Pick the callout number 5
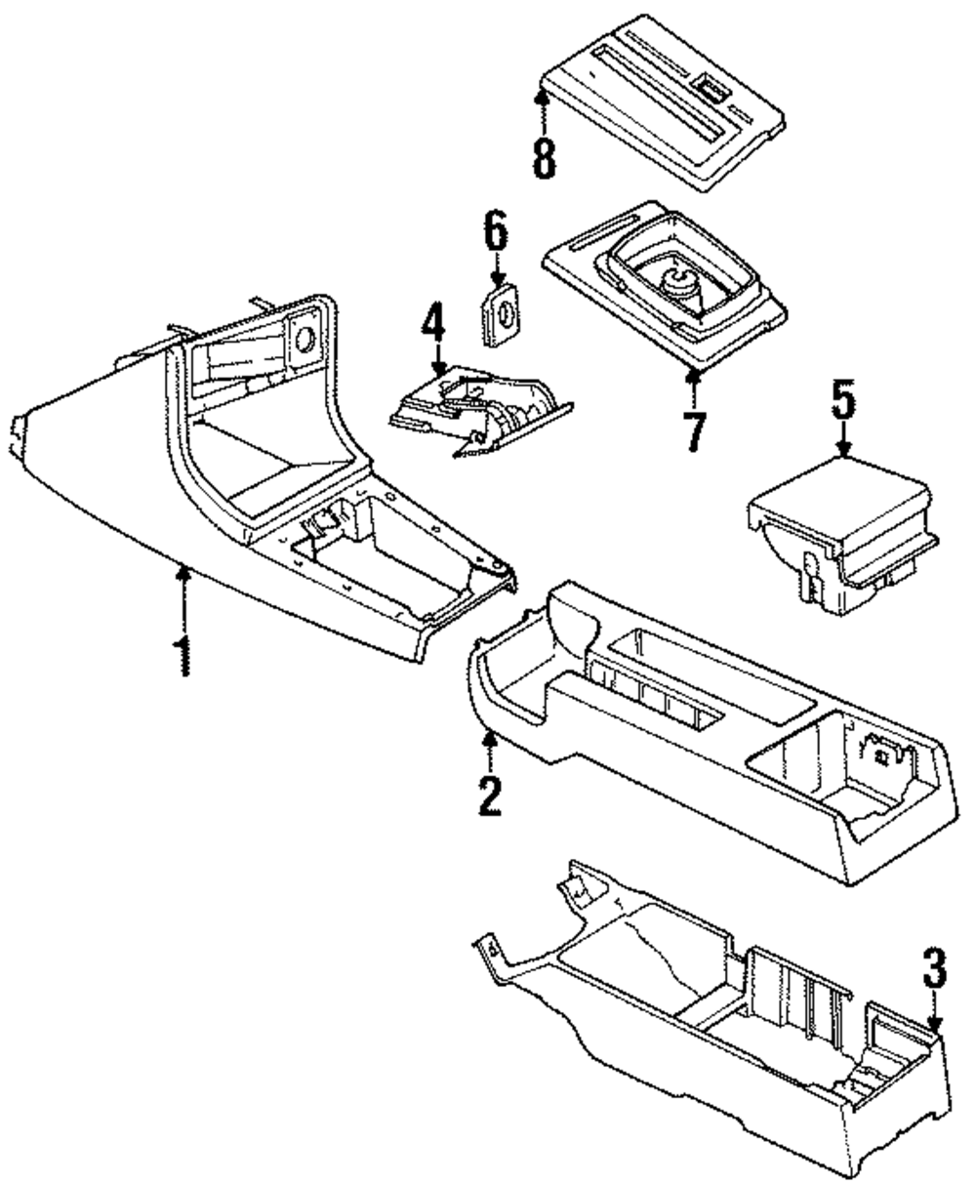[x=843, y=400]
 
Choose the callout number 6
[x=496, y=229]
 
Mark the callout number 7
[x=696, y=431]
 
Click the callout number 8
[x=545, y=159]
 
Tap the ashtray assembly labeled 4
[x=481, y=411]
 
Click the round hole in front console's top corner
[x=305, y=338]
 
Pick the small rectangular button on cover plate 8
[x=708, y=89]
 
